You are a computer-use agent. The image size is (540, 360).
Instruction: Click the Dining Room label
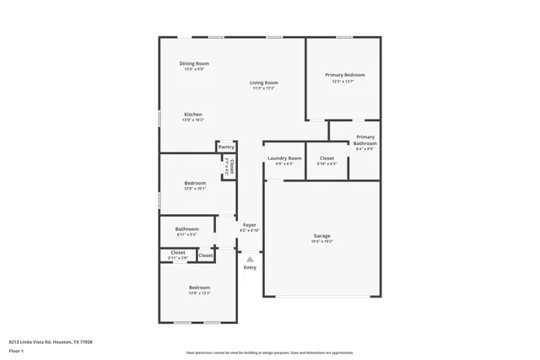[194, 64]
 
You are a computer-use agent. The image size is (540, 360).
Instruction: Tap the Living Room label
[263, 83]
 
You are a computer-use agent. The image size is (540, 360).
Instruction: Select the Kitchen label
[193, 115]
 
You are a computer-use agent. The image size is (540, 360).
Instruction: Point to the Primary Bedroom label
[344, 75]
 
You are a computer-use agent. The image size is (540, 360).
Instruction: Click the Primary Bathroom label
[364, 140]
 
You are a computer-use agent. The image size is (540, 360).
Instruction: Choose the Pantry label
[226, 148]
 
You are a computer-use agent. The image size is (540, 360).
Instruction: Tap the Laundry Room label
[284, 159]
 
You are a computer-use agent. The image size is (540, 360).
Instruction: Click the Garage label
[321, 235]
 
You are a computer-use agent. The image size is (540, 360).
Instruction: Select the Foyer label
[250, 225]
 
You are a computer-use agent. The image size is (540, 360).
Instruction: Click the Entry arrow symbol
[250, 259]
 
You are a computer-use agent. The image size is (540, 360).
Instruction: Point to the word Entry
[250, 268]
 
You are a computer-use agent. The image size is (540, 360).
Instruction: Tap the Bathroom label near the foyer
[187, 229]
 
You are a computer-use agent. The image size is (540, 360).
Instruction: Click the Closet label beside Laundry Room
[327, 159]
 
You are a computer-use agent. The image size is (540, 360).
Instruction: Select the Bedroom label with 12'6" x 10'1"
[195, 183]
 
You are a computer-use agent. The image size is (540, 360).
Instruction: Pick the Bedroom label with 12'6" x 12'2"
[199, 287]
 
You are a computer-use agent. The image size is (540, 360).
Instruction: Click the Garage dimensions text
[321, 241]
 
